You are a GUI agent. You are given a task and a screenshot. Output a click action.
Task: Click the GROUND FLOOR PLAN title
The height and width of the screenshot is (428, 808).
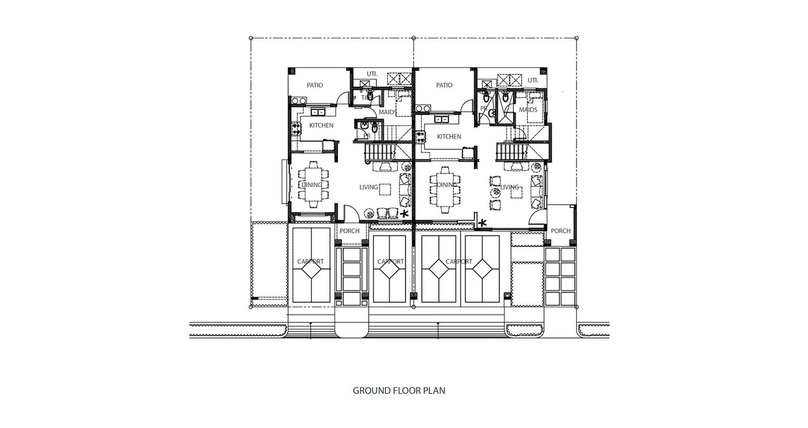399,391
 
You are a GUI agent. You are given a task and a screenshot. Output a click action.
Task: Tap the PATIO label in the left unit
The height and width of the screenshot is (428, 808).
315,85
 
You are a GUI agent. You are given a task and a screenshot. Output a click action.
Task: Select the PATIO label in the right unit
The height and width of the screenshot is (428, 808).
444,85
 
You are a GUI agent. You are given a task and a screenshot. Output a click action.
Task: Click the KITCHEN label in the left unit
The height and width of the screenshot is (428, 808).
321,125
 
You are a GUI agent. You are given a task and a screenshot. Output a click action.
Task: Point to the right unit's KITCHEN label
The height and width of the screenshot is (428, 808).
449,137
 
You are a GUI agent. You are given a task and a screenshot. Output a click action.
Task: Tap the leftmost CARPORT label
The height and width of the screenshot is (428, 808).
310,262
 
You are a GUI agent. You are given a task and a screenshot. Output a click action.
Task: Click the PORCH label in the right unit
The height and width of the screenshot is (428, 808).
560,231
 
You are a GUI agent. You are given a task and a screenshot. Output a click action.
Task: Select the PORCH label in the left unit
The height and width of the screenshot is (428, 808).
350,231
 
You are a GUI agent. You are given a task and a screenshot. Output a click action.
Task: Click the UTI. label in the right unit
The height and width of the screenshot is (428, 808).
533,80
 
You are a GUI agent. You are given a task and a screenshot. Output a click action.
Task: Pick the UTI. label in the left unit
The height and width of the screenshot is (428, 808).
372,73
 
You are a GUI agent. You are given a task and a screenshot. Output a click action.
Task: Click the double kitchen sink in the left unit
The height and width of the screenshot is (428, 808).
318,112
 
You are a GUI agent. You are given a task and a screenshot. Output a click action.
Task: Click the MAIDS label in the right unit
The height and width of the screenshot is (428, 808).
528,110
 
